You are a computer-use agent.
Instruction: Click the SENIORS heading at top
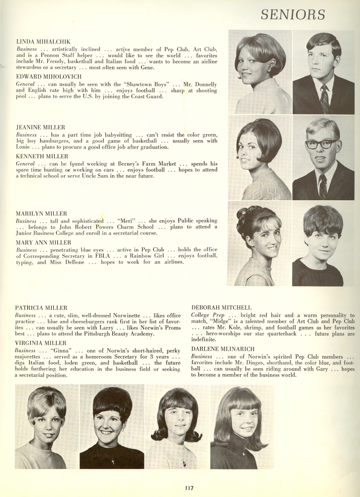[293, 14]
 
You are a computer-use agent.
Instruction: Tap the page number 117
[189, 488]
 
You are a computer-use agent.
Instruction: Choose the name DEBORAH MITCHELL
[221, 308]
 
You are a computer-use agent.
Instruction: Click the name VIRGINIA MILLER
[41, 343]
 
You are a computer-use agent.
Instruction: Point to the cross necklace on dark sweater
[113, 461]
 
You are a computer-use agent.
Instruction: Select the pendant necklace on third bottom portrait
[184, 463]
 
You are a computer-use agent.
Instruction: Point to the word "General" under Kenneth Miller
[25, 164]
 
